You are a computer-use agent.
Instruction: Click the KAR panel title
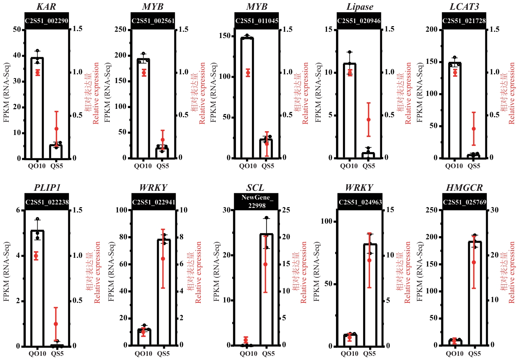pyautogui.click(x=46, y=7)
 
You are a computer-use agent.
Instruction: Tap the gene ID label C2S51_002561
pyautogui.click(x=153, y=21)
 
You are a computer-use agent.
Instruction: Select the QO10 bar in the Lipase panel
pyautogui.click(x=350, y=110)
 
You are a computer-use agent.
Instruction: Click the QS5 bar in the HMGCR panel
pyautogui.click(x=474, y=293)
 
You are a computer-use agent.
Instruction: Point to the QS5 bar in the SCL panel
pyautogui.click(x=266, y=290)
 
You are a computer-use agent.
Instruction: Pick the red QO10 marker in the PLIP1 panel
pyautogui.click(x=36, y=256)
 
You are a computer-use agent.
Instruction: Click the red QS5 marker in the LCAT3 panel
pyautogui.click(x=473, y=129)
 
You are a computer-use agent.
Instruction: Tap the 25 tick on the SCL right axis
pyautogui.click(x=286, y=210)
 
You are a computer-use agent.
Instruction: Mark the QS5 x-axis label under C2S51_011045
pyautogui.click(x=268, y=166)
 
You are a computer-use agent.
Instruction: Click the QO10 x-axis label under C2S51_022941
pyautogui.click(x=143, y=353)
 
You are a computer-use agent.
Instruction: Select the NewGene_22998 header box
pyautogui.click(x=256, y=202)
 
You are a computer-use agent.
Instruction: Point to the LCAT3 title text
pyautogui.click(x=464, y=7)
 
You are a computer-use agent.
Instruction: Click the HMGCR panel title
pyautogui.click(x=464, y=188)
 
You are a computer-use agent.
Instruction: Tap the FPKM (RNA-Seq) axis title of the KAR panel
pyautogui.click(x=7, y=92)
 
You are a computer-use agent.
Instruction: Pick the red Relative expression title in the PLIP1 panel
pyautogui.click(x=97, y=272)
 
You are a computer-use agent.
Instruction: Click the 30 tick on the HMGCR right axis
pyautogui.click(x=495, y=210)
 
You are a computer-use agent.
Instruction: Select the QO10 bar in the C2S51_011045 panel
pyautogui.click(x=247, y=98)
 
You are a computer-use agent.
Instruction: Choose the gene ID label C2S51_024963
pyautogui.click(x=360, y=202)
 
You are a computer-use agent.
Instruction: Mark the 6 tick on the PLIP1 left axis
pyautogui.click(x=18, y=210)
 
